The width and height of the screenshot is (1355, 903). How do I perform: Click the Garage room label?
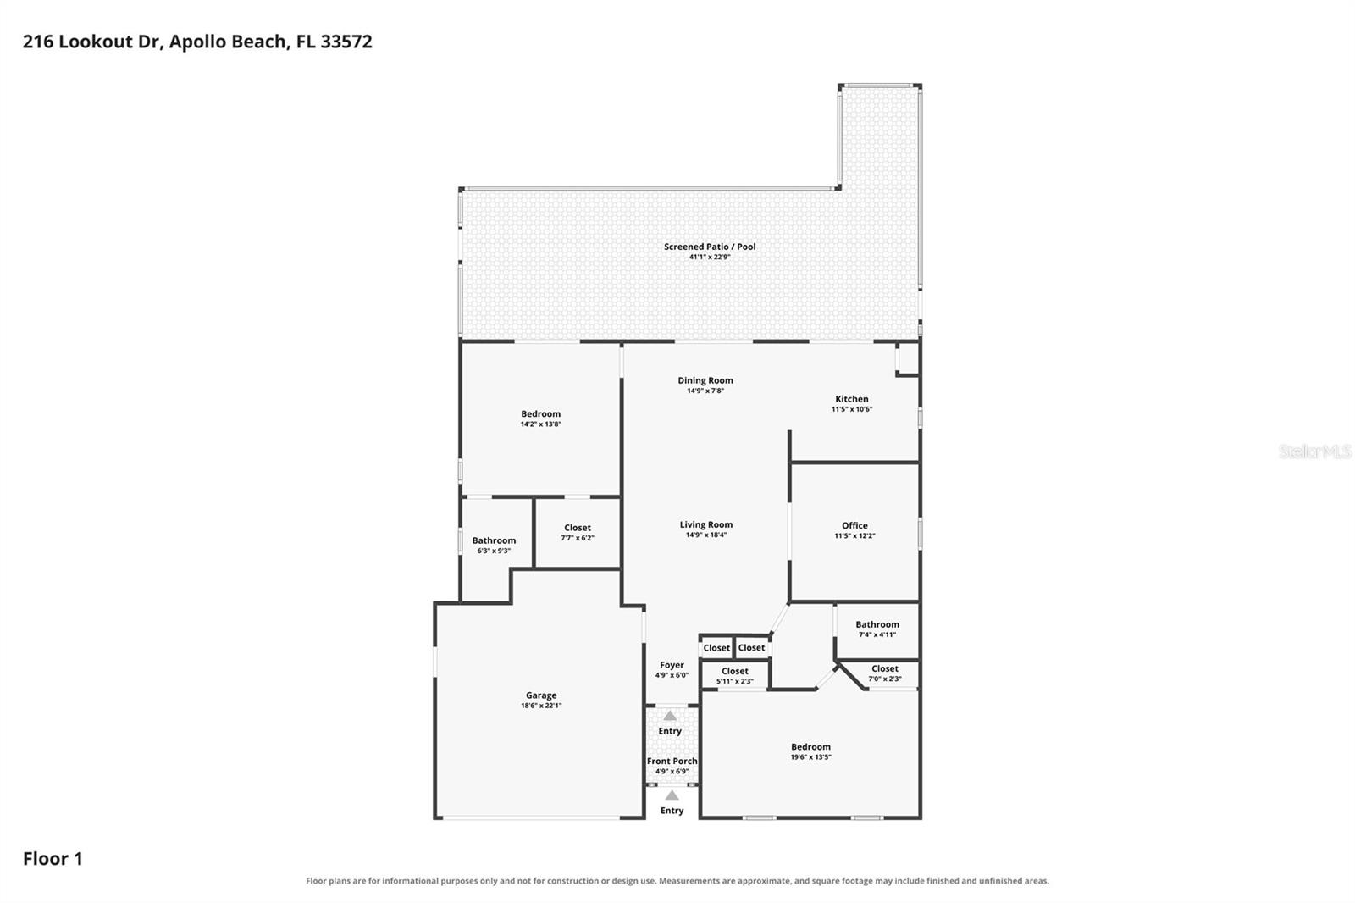[x=541, y=695]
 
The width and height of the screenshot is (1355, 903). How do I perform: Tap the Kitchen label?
[x=852, y=399]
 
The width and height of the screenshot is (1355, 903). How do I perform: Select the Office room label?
[x=854, y=525]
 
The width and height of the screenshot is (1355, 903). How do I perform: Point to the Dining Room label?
[x=705, y=380]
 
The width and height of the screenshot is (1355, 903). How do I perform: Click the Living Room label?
[x=706, y=524]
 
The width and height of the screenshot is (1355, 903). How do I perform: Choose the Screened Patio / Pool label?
[x=711, y=247]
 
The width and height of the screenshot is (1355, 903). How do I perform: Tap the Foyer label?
[x=672, y=664]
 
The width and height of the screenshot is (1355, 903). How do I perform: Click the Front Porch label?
[x=672, y=761]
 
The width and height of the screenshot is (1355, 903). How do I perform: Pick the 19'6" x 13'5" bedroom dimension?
[x=810, y=757]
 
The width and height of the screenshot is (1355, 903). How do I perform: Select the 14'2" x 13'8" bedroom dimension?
[x=541, y=424]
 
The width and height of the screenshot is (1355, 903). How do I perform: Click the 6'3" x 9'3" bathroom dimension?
[x=494, y=551]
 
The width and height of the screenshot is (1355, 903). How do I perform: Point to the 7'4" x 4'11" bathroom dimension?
[x=877, y=634]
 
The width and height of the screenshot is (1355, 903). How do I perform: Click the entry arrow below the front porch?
[x=672, y=795]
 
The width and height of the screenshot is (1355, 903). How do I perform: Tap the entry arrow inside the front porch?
[x=670, y=716]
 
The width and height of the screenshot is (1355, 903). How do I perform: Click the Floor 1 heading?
[x=53, y=859]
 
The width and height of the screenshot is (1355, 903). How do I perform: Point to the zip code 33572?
[x=346, y=42]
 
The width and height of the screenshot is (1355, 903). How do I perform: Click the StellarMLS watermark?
[x=1315, y=451]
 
